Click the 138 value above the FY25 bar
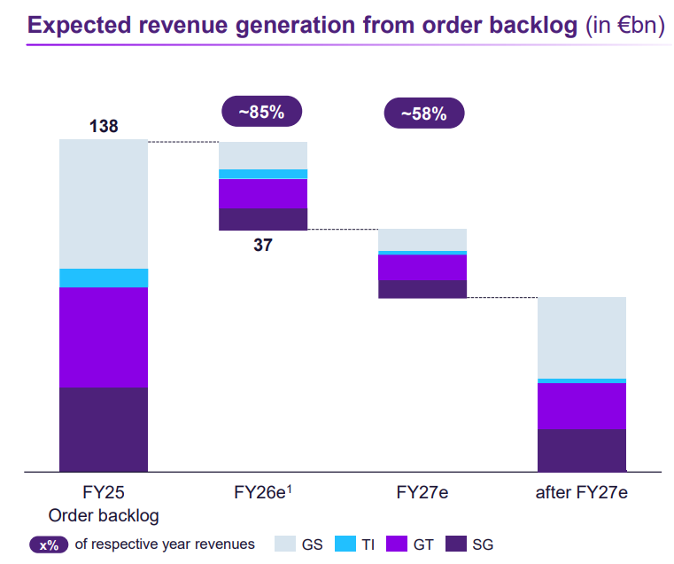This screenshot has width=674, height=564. click(x=104, y=127)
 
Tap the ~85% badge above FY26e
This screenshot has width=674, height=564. click(x=261, y=112)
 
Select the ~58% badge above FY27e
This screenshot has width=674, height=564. click(x=423, y=114)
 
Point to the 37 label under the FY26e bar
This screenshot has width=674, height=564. click(x=263, y=246)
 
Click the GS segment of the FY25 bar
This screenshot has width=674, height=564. click(x=104, y=204)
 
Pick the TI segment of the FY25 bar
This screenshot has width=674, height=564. click(x=104, y=278)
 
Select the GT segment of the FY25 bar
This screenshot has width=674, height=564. click(x=104, y=337)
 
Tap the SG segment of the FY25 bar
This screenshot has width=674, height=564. click(x=104, y=429)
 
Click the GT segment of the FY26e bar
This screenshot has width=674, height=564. click(x=263, y=193)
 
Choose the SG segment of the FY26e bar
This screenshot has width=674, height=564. click(x=263, y=219)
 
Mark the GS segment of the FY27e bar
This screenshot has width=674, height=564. click(x=422, y=239)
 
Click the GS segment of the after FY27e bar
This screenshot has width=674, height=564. click(x=582, y=337)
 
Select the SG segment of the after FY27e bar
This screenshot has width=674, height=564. click(x=582, y=450)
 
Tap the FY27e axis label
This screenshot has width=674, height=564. click(x=422, y=493)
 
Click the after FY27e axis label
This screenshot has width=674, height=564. click(x=582, y=493)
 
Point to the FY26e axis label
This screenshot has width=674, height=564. click(x=263, y=493)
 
